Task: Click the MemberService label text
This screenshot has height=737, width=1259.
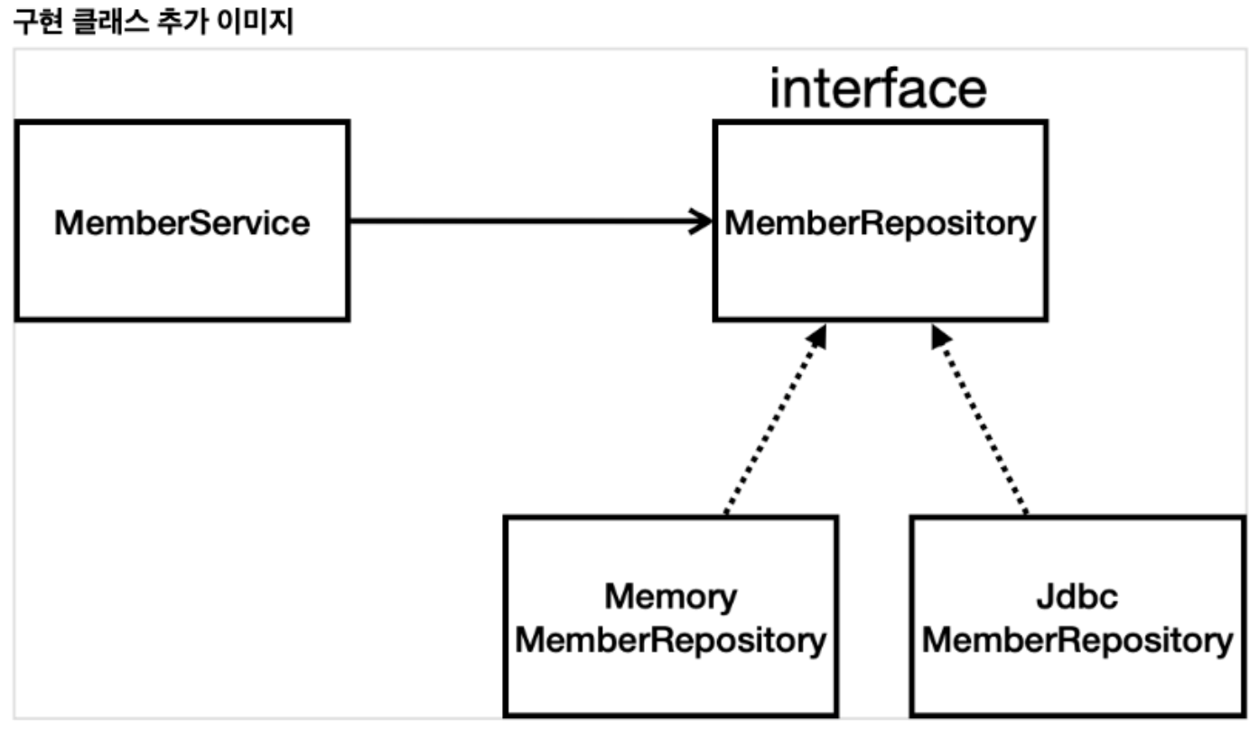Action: point(182,222)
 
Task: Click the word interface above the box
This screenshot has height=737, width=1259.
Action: point(877,89)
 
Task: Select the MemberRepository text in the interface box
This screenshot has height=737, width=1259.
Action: point(880,223)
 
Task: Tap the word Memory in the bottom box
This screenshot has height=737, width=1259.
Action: point(670,597)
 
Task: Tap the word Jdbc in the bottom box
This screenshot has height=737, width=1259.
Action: point(1077,597)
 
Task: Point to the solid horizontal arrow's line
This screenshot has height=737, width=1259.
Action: point(524,220)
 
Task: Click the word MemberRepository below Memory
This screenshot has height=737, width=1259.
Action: point(670,641)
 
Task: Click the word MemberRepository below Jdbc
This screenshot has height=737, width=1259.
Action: point(1077,641)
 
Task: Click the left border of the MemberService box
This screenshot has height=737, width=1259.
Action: point(17,220)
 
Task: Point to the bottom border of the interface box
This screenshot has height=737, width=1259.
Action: point(880,318)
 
